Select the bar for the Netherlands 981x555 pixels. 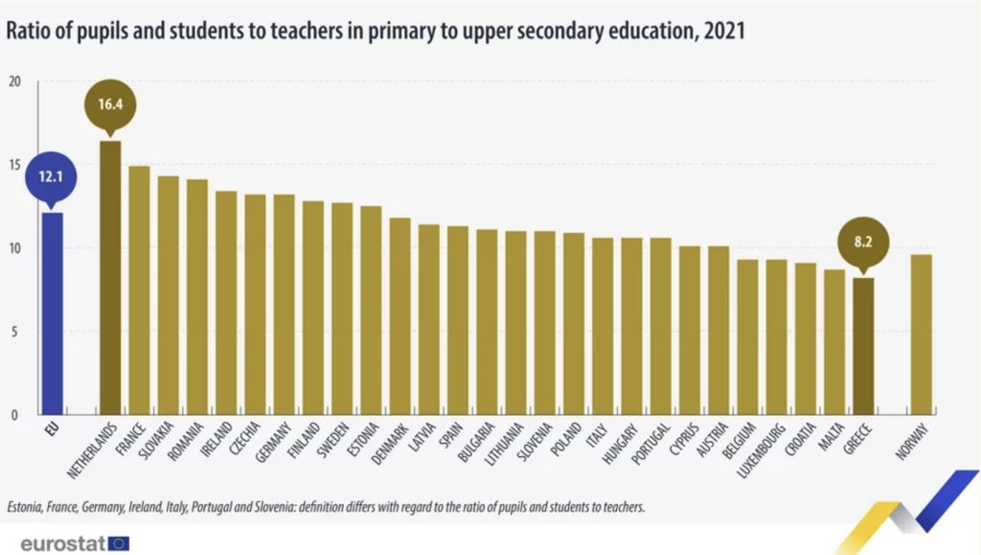coord(110,278)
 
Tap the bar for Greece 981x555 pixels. coord(864,346)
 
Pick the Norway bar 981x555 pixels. coord(922,335)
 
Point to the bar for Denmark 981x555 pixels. coord(399,316)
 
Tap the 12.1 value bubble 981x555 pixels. coord(52,177)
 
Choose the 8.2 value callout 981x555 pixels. coord(864,243)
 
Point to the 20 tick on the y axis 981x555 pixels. coord(14,81)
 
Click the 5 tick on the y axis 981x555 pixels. coord(14,332)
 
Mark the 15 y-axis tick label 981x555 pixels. coord(14,165)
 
